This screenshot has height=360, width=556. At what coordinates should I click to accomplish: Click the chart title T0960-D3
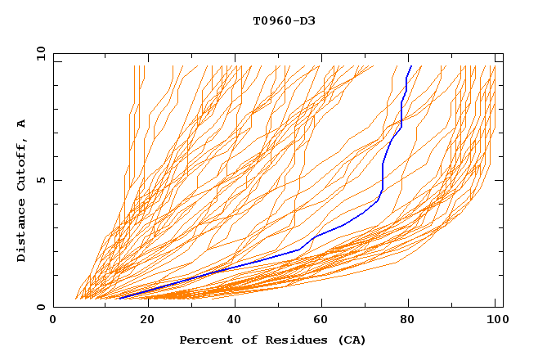284,21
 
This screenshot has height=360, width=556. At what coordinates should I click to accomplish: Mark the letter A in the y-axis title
22,124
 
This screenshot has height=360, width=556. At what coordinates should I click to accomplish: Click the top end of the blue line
410,65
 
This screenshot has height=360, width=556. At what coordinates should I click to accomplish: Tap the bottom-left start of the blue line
119,299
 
